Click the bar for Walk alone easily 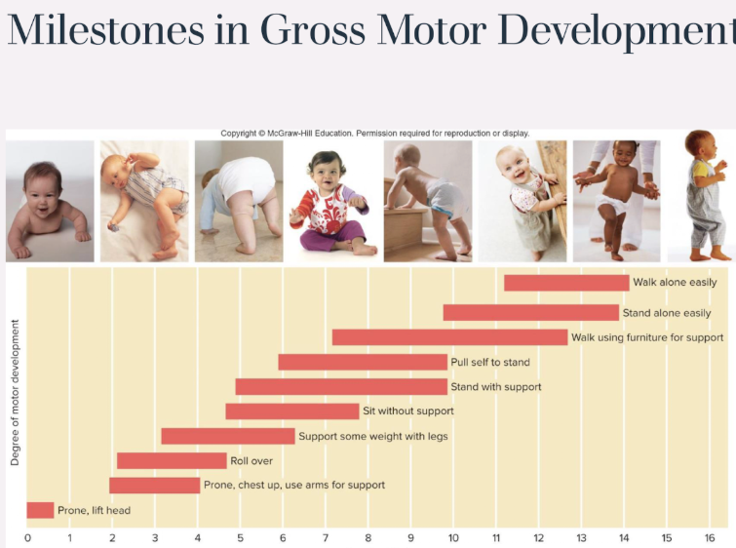(566, 283)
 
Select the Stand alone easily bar (531, 313)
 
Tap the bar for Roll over (172, 460)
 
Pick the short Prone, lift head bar (40, 510)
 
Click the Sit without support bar (292, 411)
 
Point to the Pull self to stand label (490, 363)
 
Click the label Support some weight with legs (373, 436)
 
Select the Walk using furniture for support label (647, 337)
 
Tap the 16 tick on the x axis (710, 538)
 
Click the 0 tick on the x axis (27, 538)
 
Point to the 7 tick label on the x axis (326, 538)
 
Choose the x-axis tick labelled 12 (538, 538)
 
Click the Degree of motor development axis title (15, 393)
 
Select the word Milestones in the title (105, 30)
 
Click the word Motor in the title (432, 30)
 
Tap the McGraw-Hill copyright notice (375, 134)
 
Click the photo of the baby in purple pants (333, 202)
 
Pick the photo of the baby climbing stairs (428, 202)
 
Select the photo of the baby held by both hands (616, 202)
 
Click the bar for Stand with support (341, 387)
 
